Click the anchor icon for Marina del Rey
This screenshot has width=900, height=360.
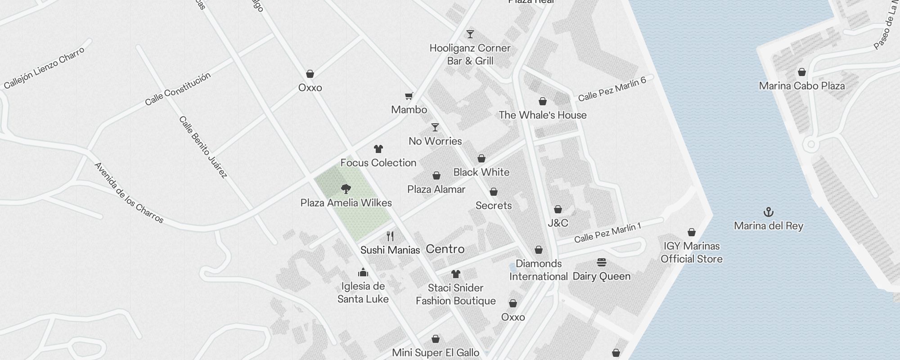[x=769, y=211]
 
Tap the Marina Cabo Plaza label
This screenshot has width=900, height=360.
[x=802, y=85]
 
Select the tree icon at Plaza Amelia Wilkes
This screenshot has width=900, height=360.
[x=346, y=189]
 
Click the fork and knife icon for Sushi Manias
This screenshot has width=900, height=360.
[x=390, y=236]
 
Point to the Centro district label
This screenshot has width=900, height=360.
[x=445, y=249]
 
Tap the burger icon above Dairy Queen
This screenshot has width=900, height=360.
[x=602, y=262]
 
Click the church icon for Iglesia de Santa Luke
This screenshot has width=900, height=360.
[x=363, y=272]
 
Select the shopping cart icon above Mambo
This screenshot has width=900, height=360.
[x=409, y=96]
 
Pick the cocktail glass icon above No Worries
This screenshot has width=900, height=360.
[x=435, y=127]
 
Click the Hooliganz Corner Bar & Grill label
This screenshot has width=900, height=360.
[x=470, y=54]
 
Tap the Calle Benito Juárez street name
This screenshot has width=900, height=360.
[x=203, y=147]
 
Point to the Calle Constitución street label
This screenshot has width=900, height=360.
[x=178, y=89]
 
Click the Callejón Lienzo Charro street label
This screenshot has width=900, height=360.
[x=44, y=68]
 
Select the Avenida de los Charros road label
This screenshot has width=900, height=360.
[x=129, y=193]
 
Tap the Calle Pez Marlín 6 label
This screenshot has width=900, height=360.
[x=612, y=89]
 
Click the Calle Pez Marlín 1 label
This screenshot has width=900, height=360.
[x=607, y=232]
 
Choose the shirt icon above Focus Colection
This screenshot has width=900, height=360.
[x=378, y=149]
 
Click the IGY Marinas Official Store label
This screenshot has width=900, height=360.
[x=691, y=252]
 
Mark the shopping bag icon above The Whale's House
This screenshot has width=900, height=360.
[x=543, y=101]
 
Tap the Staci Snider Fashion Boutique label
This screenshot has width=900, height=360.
[x=455, y=294]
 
